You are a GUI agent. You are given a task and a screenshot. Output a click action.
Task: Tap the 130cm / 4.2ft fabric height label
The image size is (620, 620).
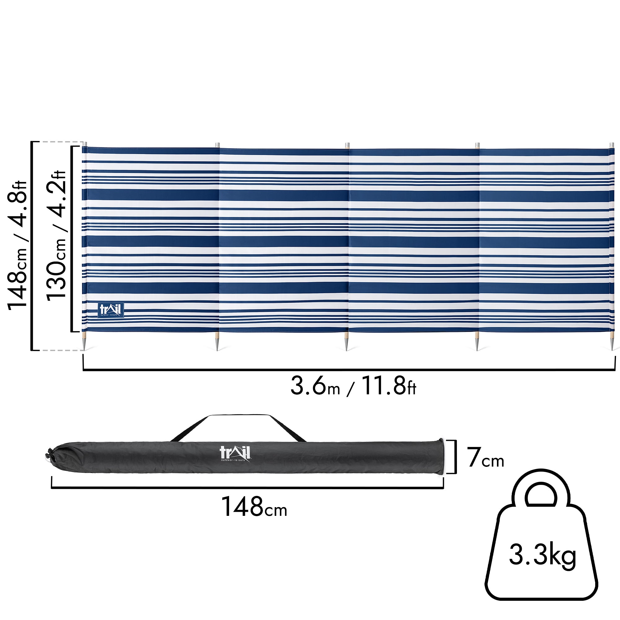click(x=56, y=236)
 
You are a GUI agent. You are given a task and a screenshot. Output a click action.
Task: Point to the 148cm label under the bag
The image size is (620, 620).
click(x=254, y=507)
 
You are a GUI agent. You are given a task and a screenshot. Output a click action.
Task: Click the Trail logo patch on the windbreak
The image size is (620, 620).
click(x=111, y=310)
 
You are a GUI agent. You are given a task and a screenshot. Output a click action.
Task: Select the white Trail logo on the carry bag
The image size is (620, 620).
click(x=235, y=454)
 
